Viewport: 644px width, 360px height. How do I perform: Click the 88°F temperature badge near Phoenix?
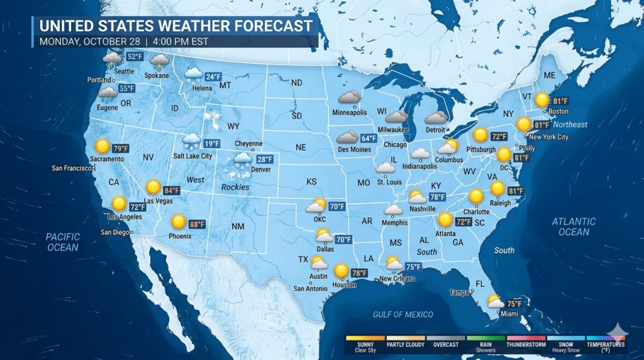pos(197,224)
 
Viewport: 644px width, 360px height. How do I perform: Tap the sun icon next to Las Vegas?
pos(153,187)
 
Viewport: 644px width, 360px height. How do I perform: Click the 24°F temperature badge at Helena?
pos(213,77)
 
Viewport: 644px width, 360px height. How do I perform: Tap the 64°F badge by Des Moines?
pos(369,138)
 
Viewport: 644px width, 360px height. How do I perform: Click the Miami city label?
pos(509,313)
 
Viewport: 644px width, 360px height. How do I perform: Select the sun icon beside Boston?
pos(541,99)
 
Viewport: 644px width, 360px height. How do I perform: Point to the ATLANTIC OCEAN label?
pos(574,227)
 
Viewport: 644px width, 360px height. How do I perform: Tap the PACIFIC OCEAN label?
pos(63,242)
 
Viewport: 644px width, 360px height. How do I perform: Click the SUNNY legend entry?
pos(365,344)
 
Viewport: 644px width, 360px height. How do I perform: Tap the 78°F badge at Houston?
pos(359,273)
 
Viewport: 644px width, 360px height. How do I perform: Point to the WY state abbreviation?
pos(233,126)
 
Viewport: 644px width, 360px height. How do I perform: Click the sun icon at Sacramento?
pos(102,147)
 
